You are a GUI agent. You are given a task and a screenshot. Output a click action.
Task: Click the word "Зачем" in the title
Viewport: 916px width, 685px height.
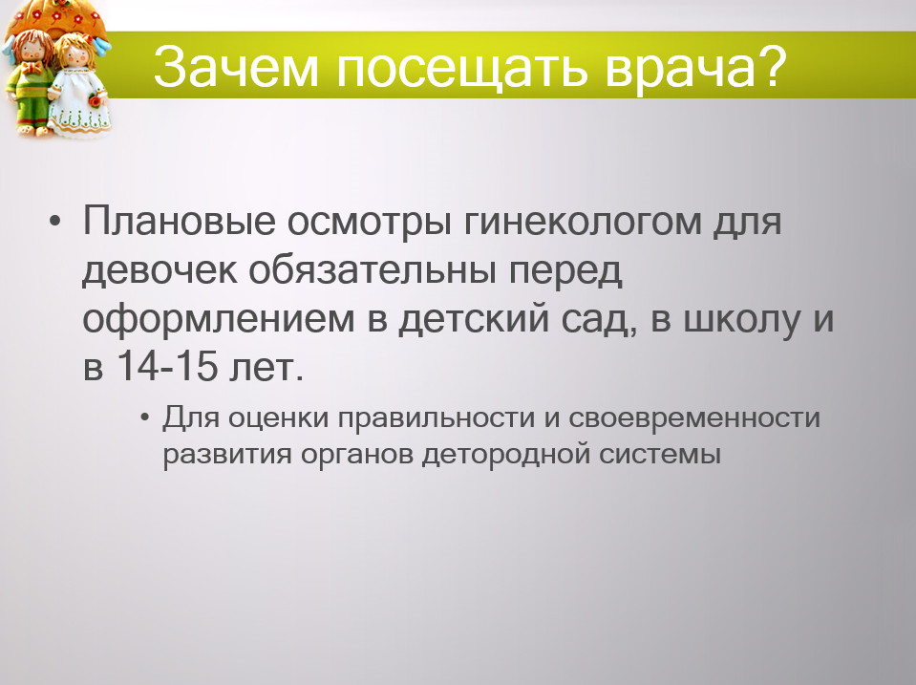[x=236, y=67]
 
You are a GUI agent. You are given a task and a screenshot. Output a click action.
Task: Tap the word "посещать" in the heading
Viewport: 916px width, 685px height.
[x=461, y=69]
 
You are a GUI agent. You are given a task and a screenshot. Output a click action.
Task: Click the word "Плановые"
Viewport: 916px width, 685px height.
[x=179, y=221]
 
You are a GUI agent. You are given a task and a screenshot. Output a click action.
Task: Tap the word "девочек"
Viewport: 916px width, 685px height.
[x=160, y=270]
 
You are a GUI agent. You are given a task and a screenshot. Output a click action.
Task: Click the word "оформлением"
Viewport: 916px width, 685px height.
[x=219, y=320]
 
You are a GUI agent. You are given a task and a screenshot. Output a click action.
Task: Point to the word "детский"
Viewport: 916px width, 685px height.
[x=474, y=320]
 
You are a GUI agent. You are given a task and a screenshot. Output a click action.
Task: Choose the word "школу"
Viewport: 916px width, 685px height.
[x=741, y=320]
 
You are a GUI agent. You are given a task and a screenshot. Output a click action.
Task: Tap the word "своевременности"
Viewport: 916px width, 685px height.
[x=694, y=417]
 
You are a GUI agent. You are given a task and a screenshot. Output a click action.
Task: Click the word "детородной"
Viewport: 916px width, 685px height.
[x=506, y=454]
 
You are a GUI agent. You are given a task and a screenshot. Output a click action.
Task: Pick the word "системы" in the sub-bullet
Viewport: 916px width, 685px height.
[x=660, y=455]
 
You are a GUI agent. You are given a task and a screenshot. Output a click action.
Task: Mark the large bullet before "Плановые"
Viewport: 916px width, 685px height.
[x=54, y=222]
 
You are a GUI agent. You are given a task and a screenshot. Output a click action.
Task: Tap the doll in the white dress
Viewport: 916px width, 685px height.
[x=79, y=85]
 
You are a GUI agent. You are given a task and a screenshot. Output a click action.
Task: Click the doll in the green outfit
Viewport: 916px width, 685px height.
[x=28, y=82]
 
